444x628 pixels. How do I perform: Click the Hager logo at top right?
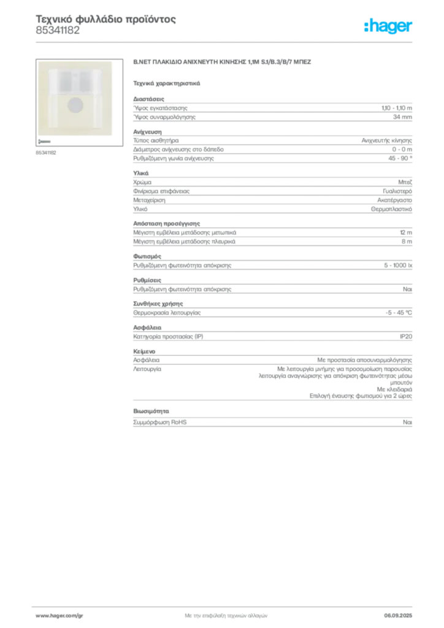tap(388, 26)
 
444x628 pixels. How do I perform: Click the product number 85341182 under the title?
tap(58, 31)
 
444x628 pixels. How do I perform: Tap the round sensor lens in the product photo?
tap(75, 105)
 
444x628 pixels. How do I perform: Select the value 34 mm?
tap(402, 117)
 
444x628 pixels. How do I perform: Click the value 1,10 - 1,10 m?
tap(397, 108)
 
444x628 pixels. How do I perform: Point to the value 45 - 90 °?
tap(400, 158)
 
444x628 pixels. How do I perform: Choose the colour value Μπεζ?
tap(405, 182)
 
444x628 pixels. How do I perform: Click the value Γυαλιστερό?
tap(397, 191)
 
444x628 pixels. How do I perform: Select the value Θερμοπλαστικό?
tap(391, 209)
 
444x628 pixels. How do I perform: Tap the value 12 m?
tap(406, 232)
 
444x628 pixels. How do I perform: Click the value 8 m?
tap(407, 242)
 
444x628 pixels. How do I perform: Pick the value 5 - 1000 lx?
tap(398, 265)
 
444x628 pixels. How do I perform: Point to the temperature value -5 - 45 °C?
tap(399, 313)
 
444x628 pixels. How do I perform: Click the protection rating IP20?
tap(406, 337)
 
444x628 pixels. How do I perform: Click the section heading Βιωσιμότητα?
tap(151, 412)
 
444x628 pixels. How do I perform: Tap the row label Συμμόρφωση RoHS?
tap(159, 422)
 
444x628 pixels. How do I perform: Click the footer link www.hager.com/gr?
tap(59, 616)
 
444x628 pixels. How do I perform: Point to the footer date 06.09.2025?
tap(398, 616)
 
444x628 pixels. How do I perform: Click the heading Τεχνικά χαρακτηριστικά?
tap(167, 83)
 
